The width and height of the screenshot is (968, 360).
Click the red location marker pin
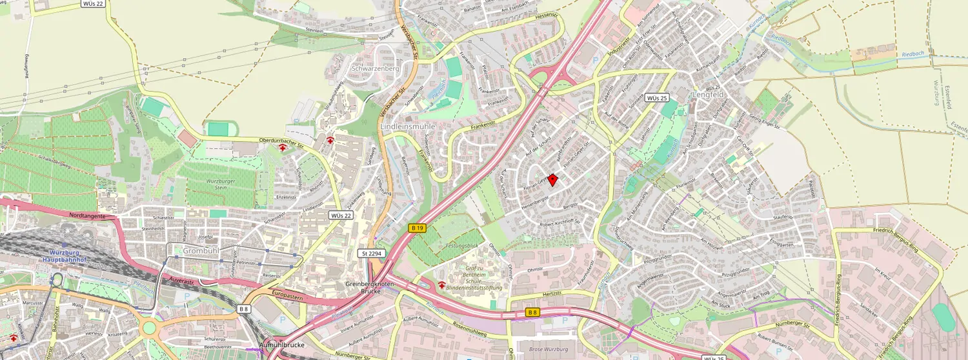(x=552, y=181)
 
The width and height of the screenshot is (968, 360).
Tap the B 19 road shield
(x=417, y=228)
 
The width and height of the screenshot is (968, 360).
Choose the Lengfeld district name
(x=709, y=94)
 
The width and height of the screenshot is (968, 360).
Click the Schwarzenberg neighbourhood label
(x=375, y=68)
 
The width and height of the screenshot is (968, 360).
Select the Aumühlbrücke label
(x=281, y=345)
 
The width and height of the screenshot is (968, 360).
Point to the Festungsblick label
(x=461, y=246)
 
